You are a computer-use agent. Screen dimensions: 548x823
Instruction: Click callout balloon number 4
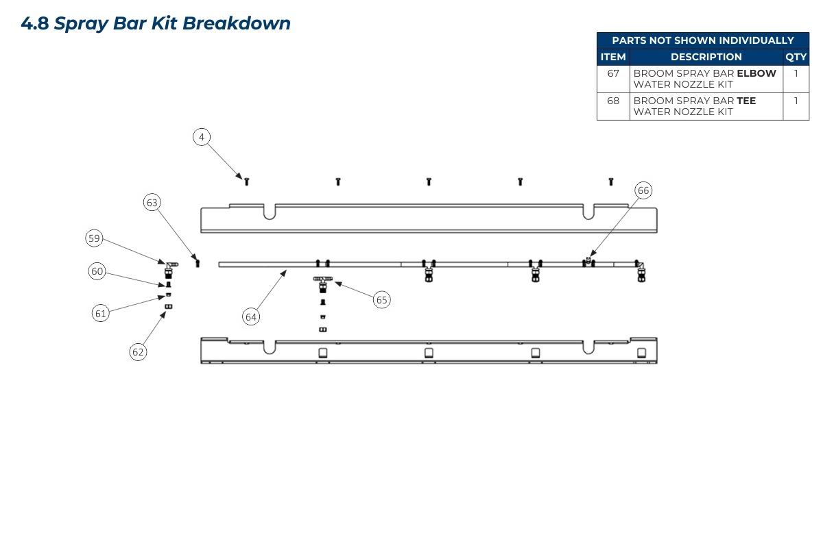tap(201, 137)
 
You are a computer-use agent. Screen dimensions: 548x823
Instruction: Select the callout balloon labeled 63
tap(152, 202)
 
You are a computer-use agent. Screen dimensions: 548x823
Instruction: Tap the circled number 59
tap(94, 238)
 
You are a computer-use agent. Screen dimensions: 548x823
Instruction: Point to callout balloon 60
tap(97, 271)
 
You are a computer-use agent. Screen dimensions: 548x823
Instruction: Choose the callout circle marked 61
tap(101, 313)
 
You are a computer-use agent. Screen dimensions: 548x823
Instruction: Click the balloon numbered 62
tap(139, 351)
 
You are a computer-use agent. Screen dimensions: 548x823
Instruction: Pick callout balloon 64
tap(251, 316)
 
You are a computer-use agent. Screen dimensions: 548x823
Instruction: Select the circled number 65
tap(382, 299)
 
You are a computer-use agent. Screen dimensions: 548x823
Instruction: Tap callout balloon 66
tap(643, 190)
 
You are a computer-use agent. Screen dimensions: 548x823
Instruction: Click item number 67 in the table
tap(613, 73)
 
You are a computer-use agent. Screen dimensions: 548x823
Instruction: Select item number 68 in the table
tap(613, 101)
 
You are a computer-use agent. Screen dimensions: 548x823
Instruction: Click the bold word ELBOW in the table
tap(756, 73)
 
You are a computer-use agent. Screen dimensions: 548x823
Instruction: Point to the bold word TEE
tap(746, 101)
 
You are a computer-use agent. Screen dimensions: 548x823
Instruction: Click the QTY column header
tap(796, 57)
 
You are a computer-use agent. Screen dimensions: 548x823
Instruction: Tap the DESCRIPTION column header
tap(706, 57)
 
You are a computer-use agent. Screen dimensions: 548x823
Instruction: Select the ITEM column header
tap(613, 57)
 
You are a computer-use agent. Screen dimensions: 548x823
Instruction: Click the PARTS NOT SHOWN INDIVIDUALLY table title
tap(703, 40)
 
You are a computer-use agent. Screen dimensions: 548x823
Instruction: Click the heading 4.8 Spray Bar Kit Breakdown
tap(156, 23)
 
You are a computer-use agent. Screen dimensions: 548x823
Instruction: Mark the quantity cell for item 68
tap(796, 101)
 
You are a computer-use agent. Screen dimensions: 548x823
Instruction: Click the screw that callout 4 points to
tap(246, 181)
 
